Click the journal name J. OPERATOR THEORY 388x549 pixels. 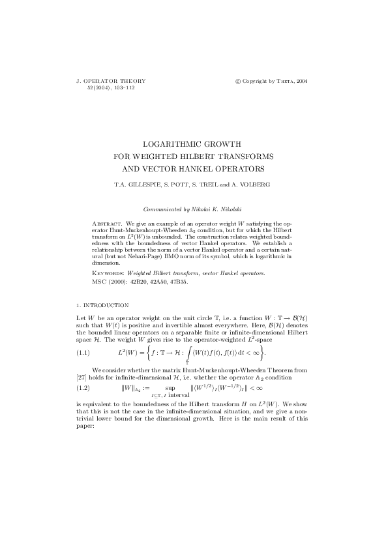coord(112,81)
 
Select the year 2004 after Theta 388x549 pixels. coord(301,82)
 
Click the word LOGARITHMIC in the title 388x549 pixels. coord(168,143)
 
